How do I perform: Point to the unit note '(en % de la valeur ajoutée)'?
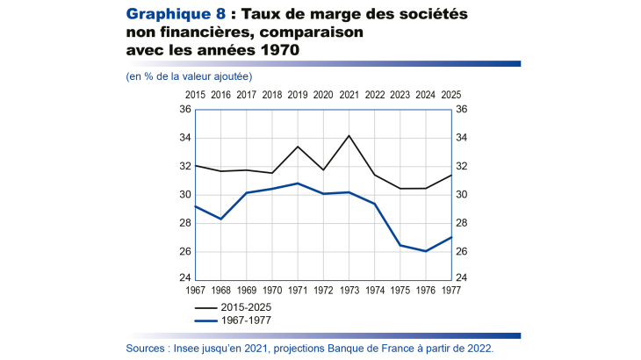(x=189, y=77)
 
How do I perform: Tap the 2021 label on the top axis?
(x=349, y=94)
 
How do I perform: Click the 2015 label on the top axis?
(x=195, y=94)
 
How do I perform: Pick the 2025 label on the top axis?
(x=452, y=94)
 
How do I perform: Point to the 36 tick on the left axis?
(x=184, y=110)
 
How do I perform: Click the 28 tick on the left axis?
(x=184, y=223)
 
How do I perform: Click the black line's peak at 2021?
(x=349, y=136)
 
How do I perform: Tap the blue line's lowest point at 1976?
(x=427, y=251)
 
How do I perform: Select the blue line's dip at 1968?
(x=220, y=219)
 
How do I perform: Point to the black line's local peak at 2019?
(x=298, y=147)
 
